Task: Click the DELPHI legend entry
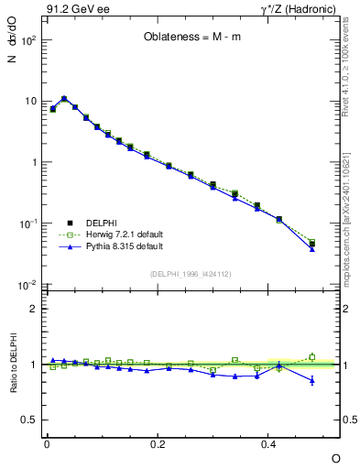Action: (x=102, y=223)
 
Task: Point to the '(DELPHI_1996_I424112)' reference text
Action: (x=190, y=273)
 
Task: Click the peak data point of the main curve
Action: (x=63, y=98)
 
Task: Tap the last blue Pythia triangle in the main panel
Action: (x=311, y=248)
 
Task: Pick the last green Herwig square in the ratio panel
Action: (x=311, y=357)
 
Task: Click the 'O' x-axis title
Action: (x=335, y=457)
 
